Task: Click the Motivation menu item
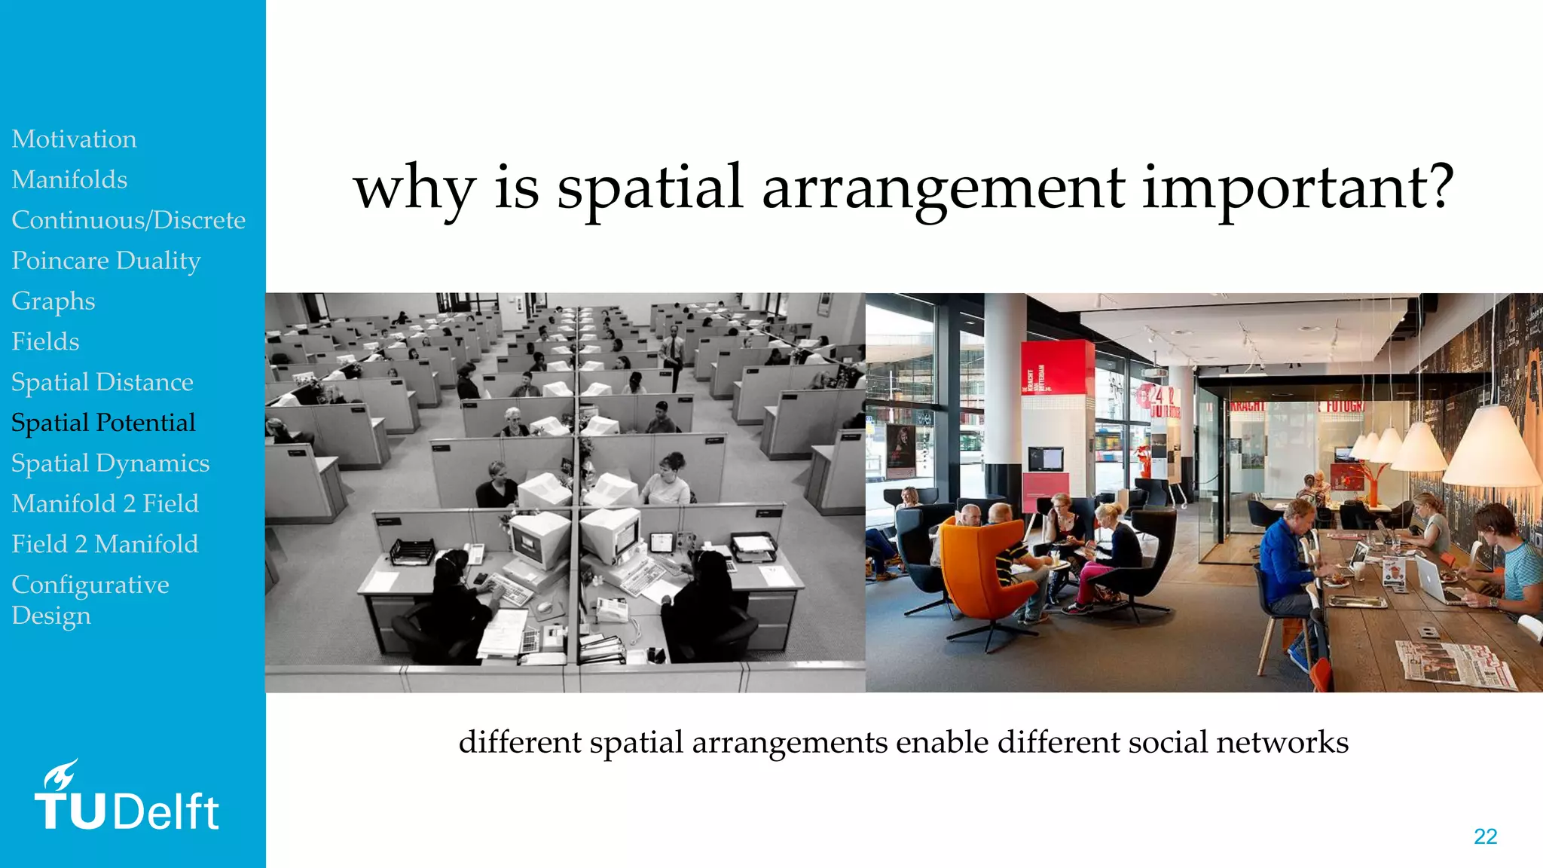coord(74,139)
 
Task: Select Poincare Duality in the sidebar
coord(106,261)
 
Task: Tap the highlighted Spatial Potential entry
coord(103,423)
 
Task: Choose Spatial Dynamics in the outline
coord(110,463)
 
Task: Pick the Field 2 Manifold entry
coord(105,544)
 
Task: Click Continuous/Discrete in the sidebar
coord(128,220)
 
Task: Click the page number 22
coord(1485,836)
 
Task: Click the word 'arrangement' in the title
coord(943,188)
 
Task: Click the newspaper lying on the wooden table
coord(1454,663)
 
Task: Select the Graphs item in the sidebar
coord(53,301)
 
